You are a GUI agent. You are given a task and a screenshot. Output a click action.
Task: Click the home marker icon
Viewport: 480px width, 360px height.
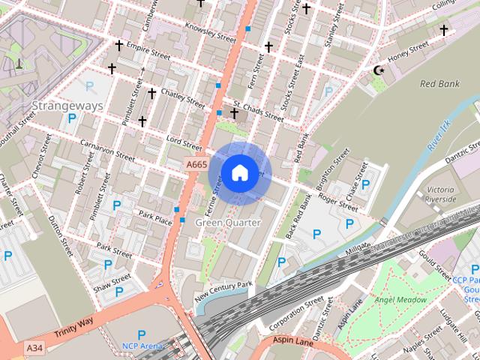coord(238,172)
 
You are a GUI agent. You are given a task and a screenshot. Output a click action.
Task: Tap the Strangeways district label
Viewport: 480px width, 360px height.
coord(67,106)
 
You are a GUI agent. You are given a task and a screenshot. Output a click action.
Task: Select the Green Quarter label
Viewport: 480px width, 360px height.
coord(228,223)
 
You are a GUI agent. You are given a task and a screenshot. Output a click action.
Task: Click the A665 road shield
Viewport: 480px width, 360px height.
coord(196,164)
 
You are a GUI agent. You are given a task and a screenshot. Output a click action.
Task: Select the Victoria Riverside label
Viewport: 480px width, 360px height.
coord(440,195)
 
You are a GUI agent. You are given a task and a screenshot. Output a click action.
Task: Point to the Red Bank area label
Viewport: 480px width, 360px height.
coord(439,84)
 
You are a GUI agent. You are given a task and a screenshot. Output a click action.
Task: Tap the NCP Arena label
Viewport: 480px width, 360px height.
coord(142,346)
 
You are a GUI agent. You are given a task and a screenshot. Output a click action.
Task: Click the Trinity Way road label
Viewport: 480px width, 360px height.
coord(73,327)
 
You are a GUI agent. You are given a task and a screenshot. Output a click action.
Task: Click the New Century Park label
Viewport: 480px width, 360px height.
coord(223,291)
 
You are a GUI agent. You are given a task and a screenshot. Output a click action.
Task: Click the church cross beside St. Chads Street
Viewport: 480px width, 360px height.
coord(235,114)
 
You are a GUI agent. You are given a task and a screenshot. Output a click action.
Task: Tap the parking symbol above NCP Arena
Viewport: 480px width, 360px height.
coord(141,334)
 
